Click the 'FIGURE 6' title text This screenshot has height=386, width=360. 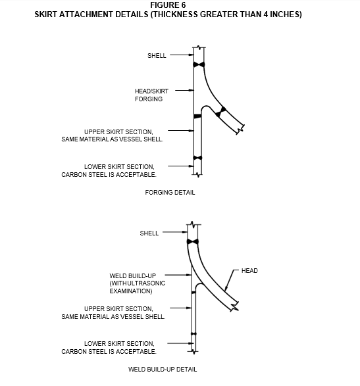click(168, 5)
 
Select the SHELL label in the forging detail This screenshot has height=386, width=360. click(157, 56)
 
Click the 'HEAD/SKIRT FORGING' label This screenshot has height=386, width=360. click(151, 95)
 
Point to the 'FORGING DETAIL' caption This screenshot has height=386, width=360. click(170, 192)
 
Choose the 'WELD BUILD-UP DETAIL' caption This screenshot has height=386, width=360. click(163, 370)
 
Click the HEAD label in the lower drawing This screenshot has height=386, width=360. click(249, 270)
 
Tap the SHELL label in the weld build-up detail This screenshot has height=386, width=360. click(149, 233)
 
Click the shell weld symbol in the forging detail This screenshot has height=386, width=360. click(199, 64)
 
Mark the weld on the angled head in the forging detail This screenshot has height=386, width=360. click(220, 112)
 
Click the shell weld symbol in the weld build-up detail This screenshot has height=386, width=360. click(192, 242)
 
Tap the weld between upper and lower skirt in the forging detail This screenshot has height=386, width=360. click(197, 158)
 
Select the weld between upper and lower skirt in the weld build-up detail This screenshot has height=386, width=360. click(193, 334)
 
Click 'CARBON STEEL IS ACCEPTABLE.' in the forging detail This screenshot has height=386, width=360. click(109, 174)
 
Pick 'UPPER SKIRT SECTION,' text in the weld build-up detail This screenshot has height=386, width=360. click(118, 308)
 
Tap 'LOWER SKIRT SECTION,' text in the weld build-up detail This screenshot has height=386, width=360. click(119, 343)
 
